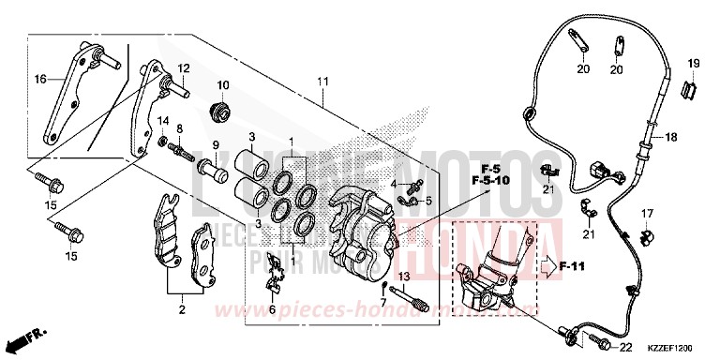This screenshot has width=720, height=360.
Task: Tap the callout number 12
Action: [184, 67]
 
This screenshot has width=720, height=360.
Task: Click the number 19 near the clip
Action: [695, 63]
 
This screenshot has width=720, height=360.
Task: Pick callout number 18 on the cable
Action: [672, 137]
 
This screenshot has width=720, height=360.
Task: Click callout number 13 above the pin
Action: [405, 277]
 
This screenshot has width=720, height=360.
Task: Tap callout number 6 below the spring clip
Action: [272, 308]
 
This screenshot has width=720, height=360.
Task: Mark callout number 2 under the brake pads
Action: [181, 308]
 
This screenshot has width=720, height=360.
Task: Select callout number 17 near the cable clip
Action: [647, 214]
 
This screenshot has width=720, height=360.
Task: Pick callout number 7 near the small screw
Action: [382, 301]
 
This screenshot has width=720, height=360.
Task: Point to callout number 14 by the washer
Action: [162, 120]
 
